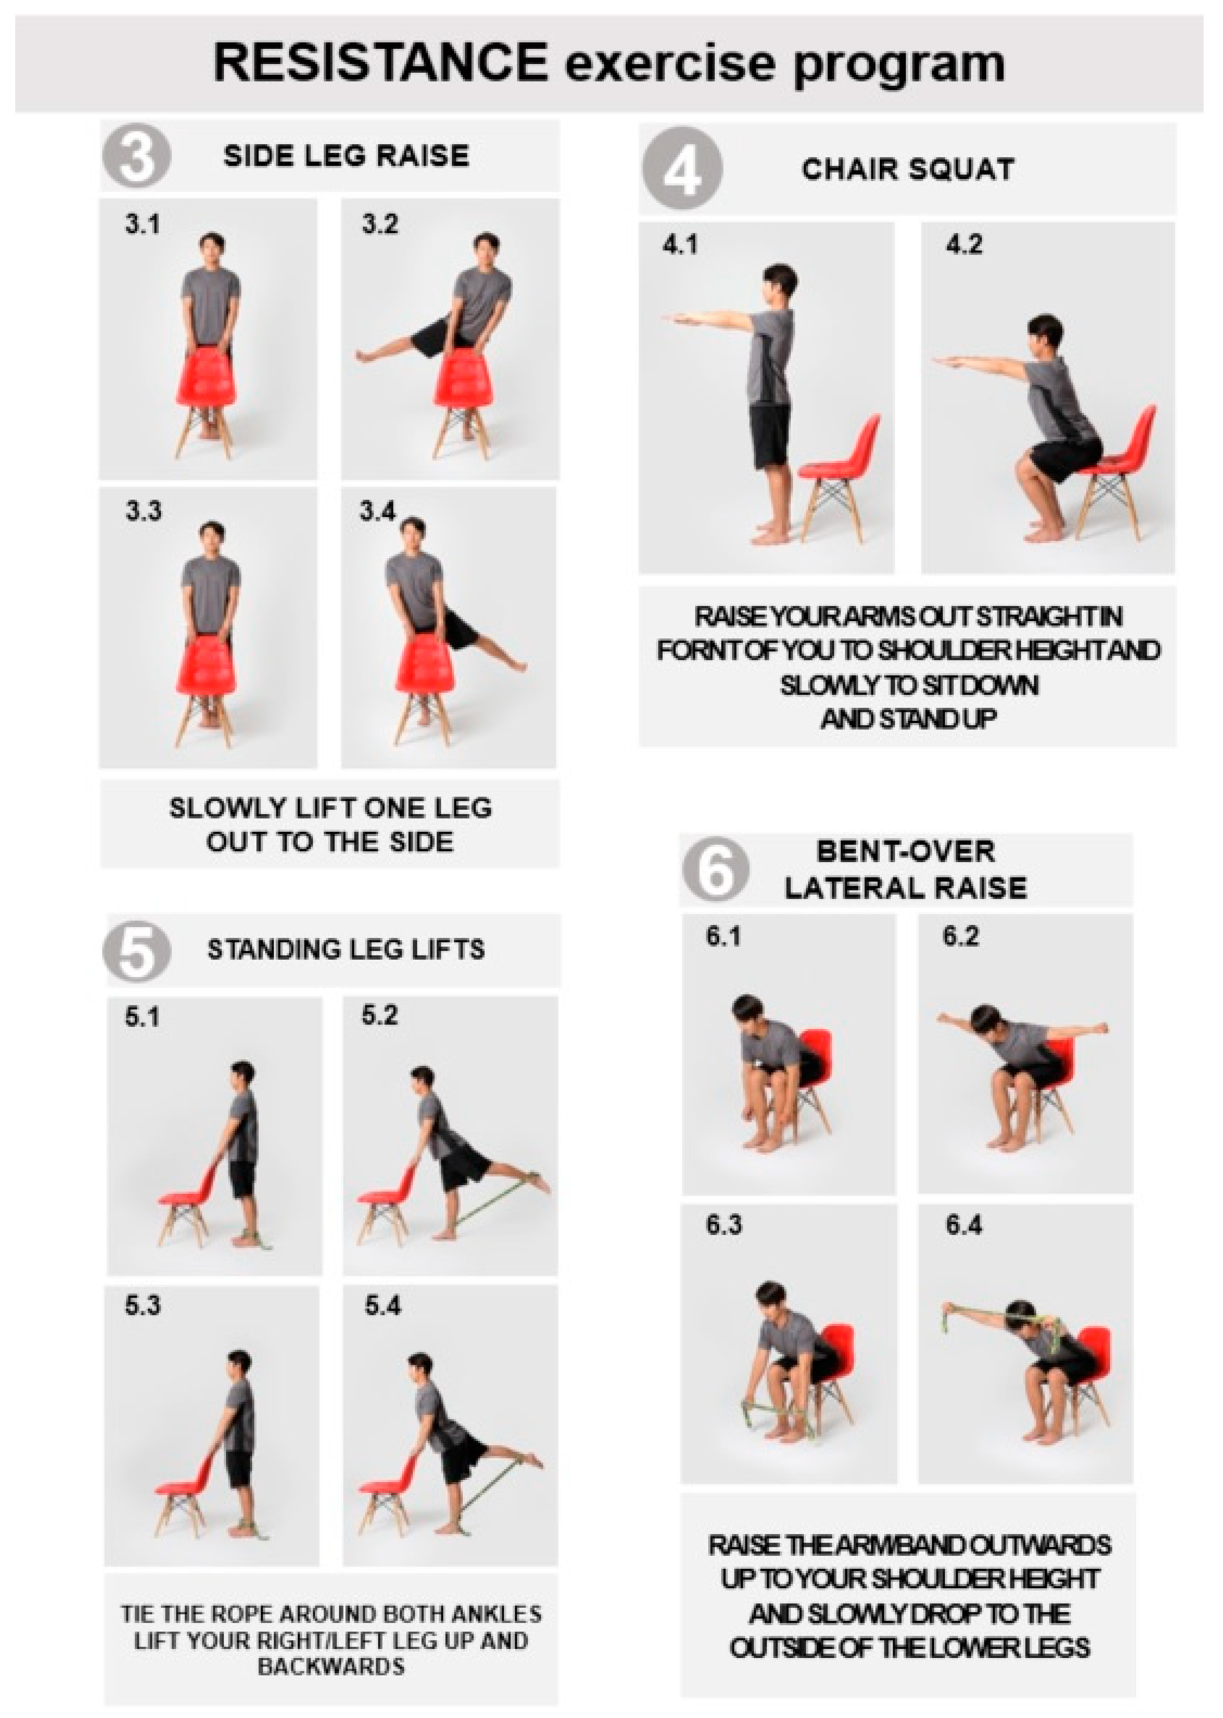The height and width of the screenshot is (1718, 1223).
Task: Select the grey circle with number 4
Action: point(682,169)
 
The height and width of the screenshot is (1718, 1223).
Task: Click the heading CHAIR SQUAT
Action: point(908,170)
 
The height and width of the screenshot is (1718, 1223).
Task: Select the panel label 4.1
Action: point(680,245)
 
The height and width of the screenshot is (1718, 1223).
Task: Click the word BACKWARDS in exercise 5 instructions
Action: point(331,1666)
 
